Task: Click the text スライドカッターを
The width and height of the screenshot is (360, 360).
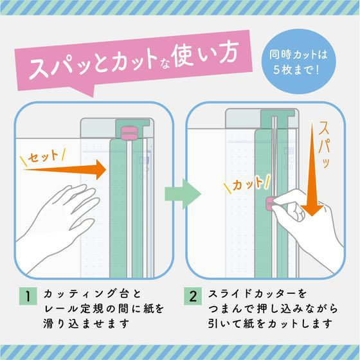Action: pyautogui.click(x=260, y=296)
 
